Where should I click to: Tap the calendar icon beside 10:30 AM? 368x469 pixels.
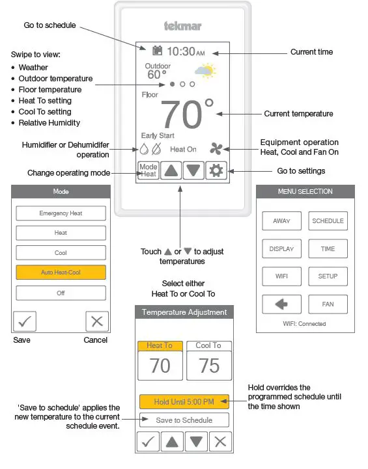click(x=157, y=51)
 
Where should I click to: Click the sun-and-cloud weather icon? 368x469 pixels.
click(x=205, y=71)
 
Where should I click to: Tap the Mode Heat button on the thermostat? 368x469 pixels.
click(x=149, y=170)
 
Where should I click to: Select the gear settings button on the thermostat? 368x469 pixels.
click(x=216, y=170)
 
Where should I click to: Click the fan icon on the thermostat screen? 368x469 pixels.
click(x=216, y=148)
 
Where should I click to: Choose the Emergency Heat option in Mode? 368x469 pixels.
click(x=61, y=213)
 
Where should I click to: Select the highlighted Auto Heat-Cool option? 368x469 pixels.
click(x=61, y=273)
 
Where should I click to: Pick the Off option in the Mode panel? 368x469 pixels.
click(x=61, y=293)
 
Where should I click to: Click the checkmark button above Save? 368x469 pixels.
click(x=25, y=321)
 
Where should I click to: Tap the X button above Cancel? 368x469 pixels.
click(x=96, y=321)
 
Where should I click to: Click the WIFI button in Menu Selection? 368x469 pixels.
click(x=281, y=276)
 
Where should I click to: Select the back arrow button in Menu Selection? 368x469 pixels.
click(x=281, y=304)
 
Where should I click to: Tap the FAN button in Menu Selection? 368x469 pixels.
click(x=328, y=304)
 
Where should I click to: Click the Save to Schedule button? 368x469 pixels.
click(x=184, y=420)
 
